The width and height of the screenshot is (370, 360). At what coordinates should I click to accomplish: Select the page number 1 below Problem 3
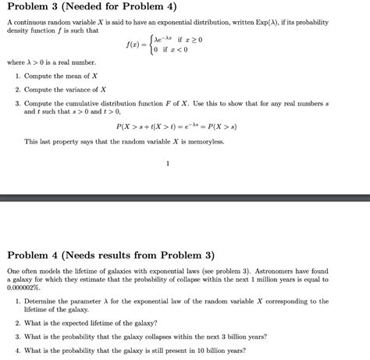[168, 163]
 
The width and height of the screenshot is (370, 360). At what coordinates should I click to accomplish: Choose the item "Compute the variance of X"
[65, 89]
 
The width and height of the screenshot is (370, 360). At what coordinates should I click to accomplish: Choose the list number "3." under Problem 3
[17, 102]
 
